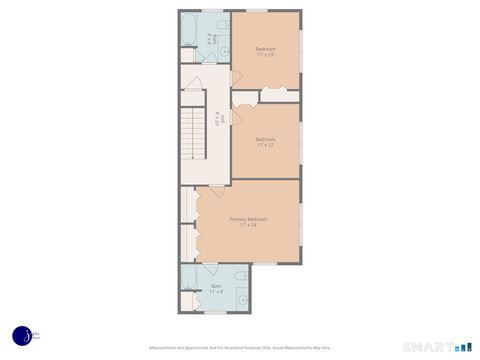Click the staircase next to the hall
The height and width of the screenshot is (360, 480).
coord(193,134)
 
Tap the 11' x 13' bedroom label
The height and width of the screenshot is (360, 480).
coord(265,51)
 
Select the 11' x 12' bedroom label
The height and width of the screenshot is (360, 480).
coord(265,141)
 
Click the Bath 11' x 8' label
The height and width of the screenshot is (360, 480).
coord(216,290)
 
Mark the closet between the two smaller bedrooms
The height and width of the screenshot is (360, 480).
coord(266,96)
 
